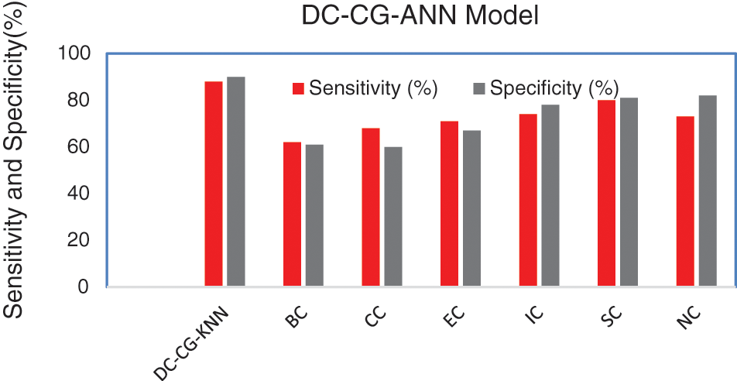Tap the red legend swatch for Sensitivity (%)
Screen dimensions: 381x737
click(x=299, y=88)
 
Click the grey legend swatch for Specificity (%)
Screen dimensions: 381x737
click(x=478, y=88)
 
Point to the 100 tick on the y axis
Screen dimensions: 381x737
click(x=76, y=53)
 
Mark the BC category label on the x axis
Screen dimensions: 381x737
click(x=296, y=317)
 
